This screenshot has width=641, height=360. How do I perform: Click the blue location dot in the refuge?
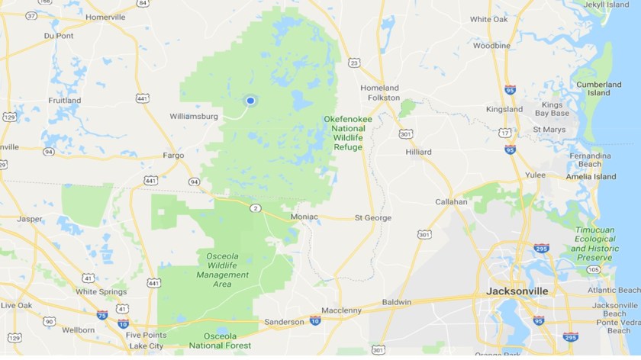(x=250, y=100)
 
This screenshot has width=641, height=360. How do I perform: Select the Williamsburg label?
(x=194, y=117)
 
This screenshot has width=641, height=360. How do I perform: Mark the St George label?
(x=372, y=217)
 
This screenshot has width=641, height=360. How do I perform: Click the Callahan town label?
(x=451, y=202)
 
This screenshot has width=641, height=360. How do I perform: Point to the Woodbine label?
(x=491, y=46)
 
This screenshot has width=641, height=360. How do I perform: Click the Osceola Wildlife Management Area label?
(x=223, y=269)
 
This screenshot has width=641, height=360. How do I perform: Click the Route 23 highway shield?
(x=353, y=63)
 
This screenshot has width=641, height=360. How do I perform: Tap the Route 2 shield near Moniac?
(x=255, y=208)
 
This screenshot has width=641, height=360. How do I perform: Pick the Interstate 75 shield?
(x=101, y=313)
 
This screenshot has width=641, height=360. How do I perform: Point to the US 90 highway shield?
(x=50, y=321)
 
